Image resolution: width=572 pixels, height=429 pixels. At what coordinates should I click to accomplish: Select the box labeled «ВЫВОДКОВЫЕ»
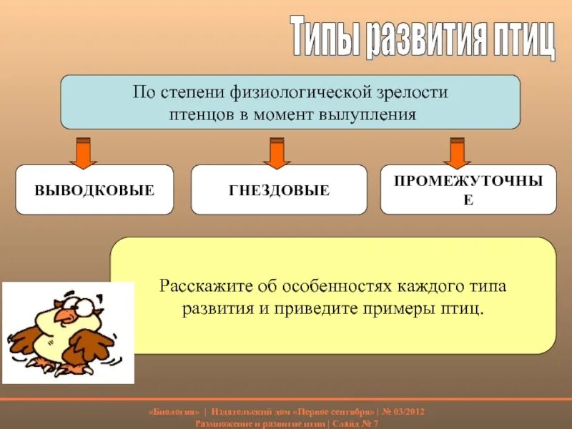(x=94, y=190)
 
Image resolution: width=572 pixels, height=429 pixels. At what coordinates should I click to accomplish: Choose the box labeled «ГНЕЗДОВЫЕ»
(x=279, y=190)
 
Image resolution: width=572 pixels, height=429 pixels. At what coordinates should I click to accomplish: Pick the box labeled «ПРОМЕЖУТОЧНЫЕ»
(x=468, y=189)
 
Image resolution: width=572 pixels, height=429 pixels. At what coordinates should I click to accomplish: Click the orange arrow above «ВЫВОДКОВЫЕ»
(x=83, y=152)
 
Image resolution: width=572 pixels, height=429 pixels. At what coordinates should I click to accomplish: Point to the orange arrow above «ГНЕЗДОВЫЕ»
(x=276, y=152)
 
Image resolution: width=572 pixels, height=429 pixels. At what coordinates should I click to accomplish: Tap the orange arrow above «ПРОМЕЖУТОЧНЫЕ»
(x=455, y=152)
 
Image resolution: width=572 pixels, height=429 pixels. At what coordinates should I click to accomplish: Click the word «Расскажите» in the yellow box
(x=199, y=287)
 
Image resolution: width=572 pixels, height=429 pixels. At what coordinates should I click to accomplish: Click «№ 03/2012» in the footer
(x=405, y=413)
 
